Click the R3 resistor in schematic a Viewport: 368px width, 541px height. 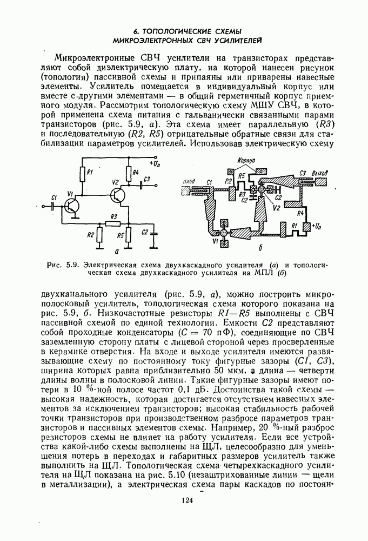[112, 222]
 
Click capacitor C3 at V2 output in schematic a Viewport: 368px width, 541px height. [142, 184]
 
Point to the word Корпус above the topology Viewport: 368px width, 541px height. [245, 161]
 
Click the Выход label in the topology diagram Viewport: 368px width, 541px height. [321, 173]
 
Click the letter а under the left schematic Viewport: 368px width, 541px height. [117, 251]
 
